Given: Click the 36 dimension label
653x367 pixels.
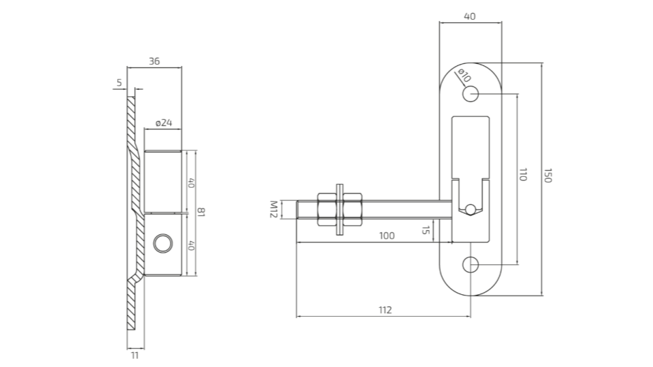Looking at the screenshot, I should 154,61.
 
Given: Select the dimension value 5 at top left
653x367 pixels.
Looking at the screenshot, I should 120,83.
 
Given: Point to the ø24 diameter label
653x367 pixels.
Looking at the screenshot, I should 164,123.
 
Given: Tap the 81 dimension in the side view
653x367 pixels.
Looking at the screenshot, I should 201,213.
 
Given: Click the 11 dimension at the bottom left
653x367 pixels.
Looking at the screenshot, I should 134,355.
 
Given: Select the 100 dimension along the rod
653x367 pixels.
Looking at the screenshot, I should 386,235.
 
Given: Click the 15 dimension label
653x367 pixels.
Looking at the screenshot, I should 426,231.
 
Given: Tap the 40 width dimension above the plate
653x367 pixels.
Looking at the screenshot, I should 470,16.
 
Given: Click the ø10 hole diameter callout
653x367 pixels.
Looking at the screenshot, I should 464,75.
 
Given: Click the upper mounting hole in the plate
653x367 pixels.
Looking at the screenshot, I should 471,94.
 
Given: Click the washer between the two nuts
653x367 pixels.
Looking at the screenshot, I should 337,209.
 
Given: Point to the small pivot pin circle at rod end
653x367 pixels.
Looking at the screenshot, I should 469,209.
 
